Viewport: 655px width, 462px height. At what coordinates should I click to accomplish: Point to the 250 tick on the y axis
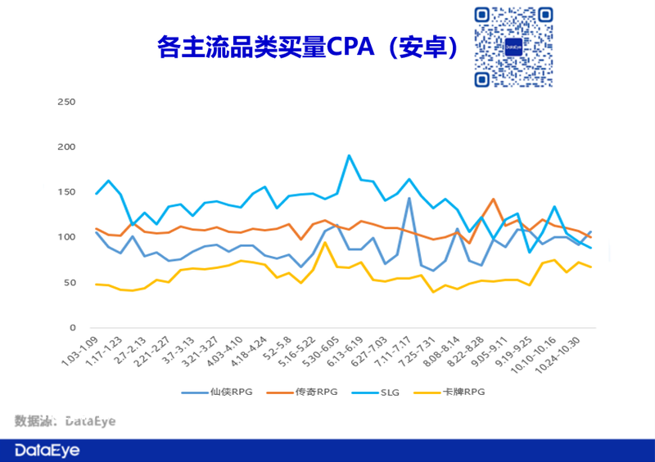click(x=66, y=102)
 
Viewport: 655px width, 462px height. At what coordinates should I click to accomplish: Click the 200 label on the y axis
click(x=66, y=147)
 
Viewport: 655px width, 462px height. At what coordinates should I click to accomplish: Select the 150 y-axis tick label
click(x=66, y=192)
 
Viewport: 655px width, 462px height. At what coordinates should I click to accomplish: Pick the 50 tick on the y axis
click(x=70, y=283)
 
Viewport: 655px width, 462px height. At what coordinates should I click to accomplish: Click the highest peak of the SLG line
click(x=349, y=155)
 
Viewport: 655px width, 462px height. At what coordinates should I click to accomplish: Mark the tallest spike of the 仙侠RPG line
click(x=409, y=198)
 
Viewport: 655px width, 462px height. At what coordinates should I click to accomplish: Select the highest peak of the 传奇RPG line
click(x=493, y=199)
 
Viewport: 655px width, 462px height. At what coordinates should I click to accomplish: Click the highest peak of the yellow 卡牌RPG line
click(x=325, y=242)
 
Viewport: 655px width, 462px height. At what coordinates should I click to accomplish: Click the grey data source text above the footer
click(x=65, y=421)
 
